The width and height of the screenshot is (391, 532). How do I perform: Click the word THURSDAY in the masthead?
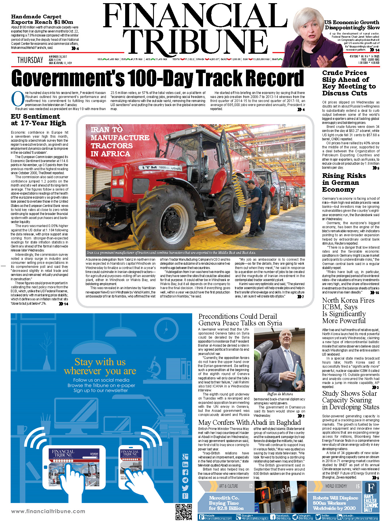coord(30,60)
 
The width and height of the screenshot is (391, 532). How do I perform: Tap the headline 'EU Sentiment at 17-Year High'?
coord(39,120)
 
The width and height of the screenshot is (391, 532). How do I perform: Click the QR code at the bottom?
coord(183,512)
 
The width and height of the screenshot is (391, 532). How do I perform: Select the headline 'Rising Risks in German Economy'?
coord(344,183)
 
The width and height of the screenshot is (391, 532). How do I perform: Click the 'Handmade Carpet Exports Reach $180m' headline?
coord(42,19)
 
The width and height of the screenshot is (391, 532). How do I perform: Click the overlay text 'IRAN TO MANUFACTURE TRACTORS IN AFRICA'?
coord(120,142)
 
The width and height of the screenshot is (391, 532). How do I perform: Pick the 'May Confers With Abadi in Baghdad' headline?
coord(249,422)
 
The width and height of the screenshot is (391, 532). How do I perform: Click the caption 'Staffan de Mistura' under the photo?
coord(280,394)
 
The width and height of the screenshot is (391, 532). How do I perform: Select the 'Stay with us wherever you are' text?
coord(100,366)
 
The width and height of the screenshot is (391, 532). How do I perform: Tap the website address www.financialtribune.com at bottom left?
coord(48,511)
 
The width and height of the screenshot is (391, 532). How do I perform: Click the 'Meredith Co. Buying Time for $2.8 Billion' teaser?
coord(226,503)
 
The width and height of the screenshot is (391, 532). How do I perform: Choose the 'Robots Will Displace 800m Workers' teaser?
coord(335,503)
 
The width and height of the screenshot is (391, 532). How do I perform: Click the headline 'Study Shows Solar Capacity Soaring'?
coord(350,400)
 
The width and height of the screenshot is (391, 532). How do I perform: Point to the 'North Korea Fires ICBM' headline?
coord(348,310)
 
